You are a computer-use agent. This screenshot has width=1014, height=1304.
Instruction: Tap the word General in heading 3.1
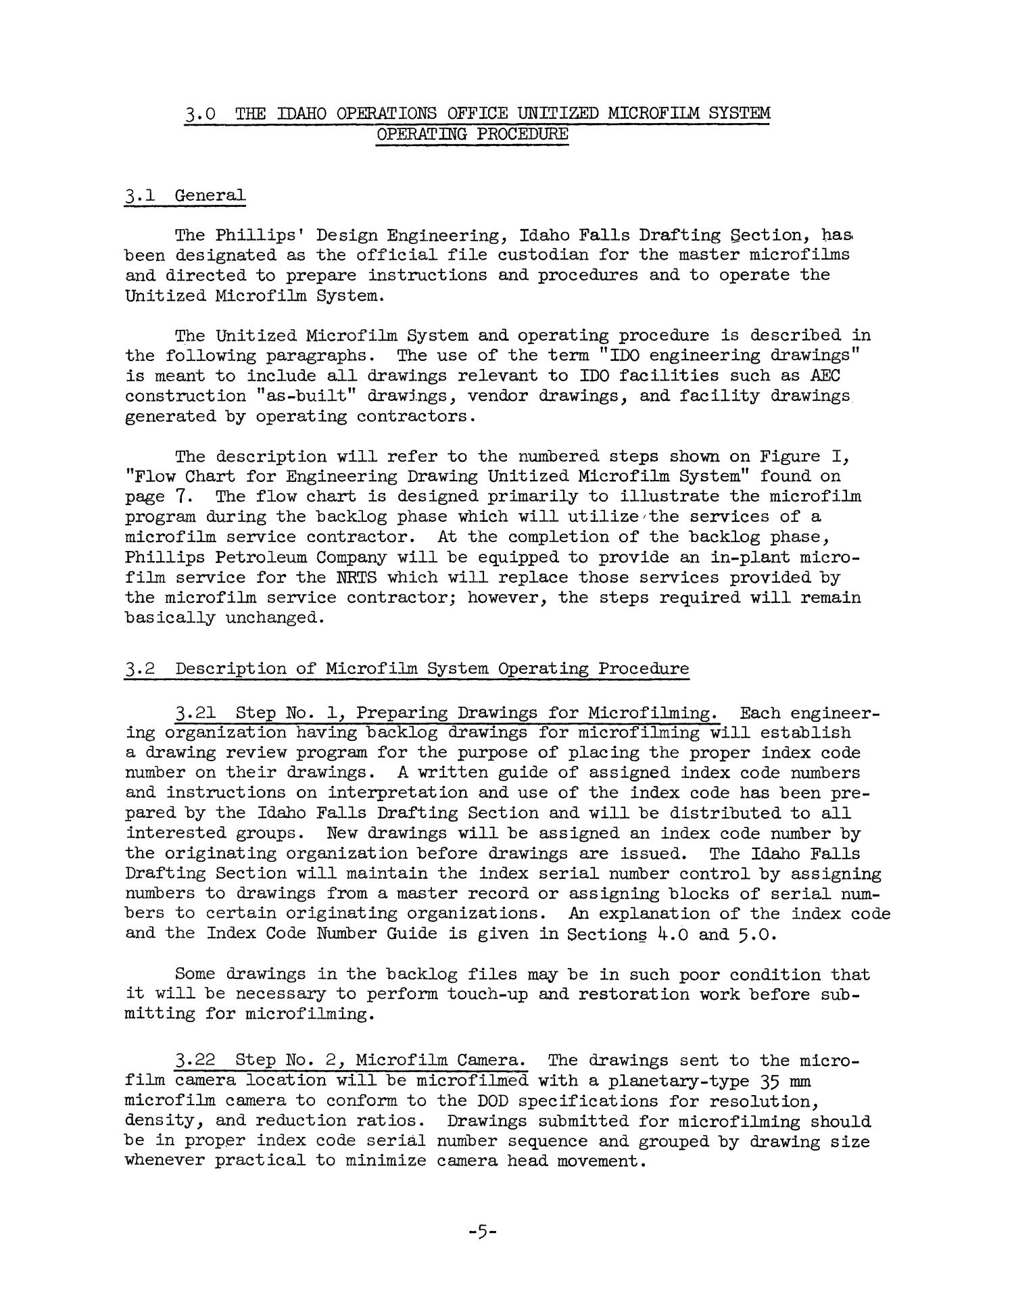[210, 196]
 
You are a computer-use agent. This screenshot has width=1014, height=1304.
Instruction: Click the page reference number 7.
[180, 497]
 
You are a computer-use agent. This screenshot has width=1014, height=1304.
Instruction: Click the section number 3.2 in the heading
[141, 669]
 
